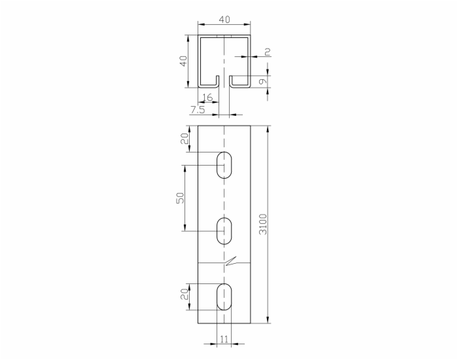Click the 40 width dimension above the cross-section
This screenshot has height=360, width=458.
(x=224, y=20)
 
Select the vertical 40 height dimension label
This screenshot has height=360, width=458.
(x=183, y=61)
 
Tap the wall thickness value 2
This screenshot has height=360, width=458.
(x=267, y=52)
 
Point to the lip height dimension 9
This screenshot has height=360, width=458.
(x=263, y=81)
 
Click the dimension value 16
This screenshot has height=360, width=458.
(x=207, y=97)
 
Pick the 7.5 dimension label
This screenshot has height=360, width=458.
(x=198, y=110)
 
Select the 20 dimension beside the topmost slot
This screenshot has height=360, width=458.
(x=185, y=139)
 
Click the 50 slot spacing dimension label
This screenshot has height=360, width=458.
(x=180, y=198)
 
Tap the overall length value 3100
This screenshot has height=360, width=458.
(x=263, y=224)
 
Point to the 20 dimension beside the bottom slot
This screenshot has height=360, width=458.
(x=185, y=295)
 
